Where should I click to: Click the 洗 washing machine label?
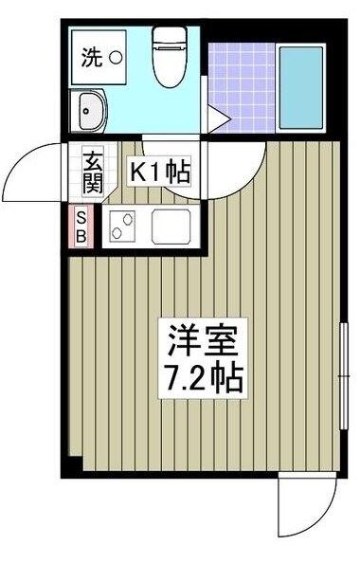[90, 58]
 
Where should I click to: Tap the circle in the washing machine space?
[115, 58]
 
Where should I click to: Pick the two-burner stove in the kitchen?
[121, 228]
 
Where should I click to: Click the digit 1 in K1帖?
[156, 173]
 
